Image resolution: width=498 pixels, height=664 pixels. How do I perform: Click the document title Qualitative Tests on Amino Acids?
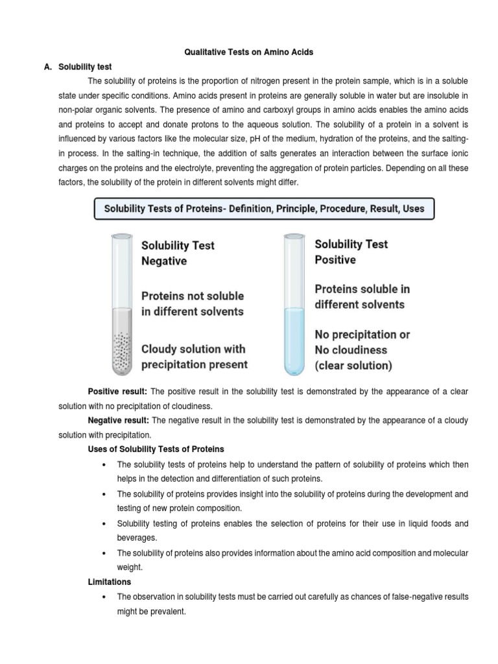(x=249, y=51)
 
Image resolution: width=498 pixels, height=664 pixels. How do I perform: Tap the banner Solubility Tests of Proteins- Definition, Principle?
(x=264, y=209)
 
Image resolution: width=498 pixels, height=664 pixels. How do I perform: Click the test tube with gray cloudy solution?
(x=121, y=305)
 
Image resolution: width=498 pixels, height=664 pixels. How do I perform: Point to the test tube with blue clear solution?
(x=293, y=305)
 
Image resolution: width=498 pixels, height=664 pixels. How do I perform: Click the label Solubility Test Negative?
(x=178, y=253)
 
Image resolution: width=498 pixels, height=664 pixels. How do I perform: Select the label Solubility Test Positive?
(x=351, y=252)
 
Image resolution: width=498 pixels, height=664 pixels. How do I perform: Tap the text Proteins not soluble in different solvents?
(x=193, y=303)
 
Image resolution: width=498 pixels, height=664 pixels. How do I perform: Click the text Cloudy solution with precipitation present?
(x=195, y=356)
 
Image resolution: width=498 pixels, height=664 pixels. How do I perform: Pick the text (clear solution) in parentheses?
(x=353, y=365)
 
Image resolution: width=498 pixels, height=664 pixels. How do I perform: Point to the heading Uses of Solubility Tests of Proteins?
(x=156, y=449)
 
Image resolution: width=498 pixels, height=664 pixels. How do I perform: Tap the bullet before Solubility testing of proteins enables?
(x=104, y=523)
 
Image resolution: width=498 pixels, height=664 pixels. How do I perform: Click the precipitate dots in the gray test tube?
(x=121, y=353)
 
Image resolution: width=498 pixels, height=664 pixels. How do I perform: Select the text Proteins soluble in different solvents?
(x=362, y=296)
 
